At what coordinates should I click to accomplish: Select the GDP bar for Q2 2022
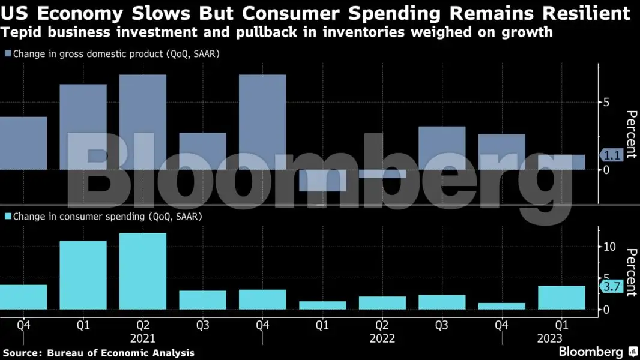click(x=382, y=174)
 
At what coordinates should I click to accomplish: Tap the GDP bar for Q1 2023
click(x=561, y=162)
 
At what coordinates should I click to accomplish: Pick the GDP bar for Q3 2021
click(x=203, y=151)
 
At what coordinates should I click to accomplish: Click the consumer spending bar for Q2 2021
click(x=143, y=271)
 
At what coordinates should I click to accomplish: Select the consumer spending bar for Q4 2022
click(x=502, y=306)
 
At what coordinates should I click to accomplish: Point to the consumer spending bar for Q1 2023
click(x=561, y=298)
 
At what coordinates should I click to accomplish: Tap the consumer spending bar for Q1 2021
click(x=83, y=275)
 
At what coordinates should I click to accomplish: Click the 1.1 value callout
click(x=611, y=155)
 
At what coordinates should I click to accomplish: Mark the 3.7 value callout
click(x=611, y=287)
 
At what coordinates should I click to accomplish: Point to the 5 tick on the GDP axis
click(x=606, y=103)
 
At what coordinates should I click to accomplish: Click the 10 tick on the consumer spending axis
click(x=609, y=247)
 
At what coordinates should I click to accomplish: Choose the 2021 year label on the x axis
click(x=143, y=338)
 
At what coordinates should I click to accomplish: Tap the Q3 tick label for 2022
click(x=442, y=325)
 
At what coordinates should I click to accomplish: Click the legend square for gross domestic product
click(x=8, y=54)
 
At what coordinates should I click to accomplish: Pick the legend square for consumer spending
click(x=8, y=216)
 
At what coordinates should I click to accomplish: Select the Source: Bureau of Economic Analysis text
click(x=98, y=353)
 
